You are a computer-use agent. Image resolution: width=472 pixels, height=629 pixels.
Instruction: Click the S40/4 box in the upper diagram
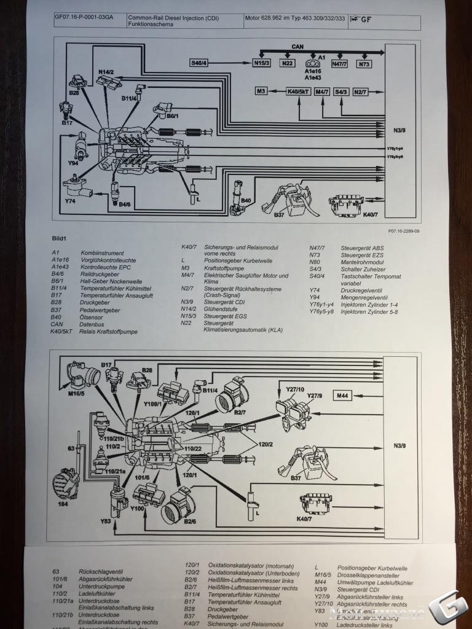(x=199, y=63)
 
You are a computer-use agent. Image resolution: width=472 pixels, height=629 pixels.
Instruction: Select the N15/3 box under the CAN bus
(x=262, y=63)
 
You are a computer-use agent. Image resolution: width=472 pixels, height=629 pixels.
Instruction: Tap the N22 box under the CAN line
(x=287, y=63)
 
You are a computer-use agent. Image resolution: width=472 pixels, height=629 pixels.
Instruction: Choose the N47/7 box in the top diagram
(x=339, y=63)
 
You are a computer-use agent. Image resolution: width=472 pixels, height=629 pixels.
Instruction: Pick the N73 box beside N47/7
(x=364, y=63)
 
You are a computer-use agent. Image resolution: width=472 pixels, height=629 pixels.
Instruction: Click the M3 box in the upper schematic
(x=262, y=92)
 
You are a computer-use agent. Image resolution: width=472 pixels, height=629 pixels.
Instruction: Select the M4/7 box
(x=322, y=92)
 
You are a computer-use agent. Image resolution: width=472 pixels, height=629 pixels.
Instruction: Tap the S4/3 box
(x=341, y=92)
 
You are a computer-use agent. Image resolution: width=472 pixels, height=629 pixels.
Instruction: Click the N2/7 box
(x=361, y=92)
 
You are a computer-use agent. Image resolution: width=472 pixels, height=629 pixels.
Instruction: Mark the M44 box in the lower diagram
(x=343, y=396)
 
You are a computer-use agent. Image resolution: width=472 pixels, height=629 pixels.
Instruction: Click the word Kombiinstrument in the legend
(x=102, y=253)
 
